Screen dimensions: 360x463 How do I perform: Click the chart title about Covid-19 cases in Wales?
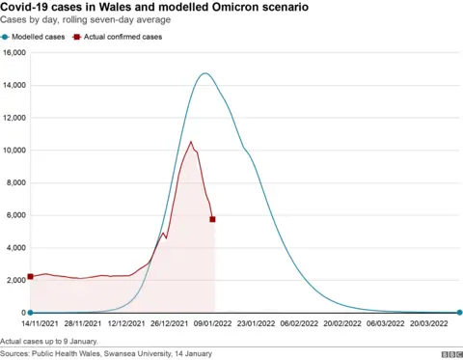155,8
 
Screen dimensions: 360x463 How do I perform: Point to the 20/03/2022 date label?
426,325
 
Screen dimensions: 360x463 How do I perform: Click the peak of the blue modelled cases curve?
204,73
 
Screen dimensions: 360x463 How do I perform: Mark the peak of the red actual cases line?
191,142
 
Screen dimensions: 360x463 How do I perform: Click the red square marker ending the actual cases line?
212,219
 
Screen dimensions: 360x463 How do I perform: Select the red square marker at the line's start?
30,276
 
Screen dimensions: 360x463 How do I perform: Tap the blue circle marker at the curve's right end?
459,313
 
